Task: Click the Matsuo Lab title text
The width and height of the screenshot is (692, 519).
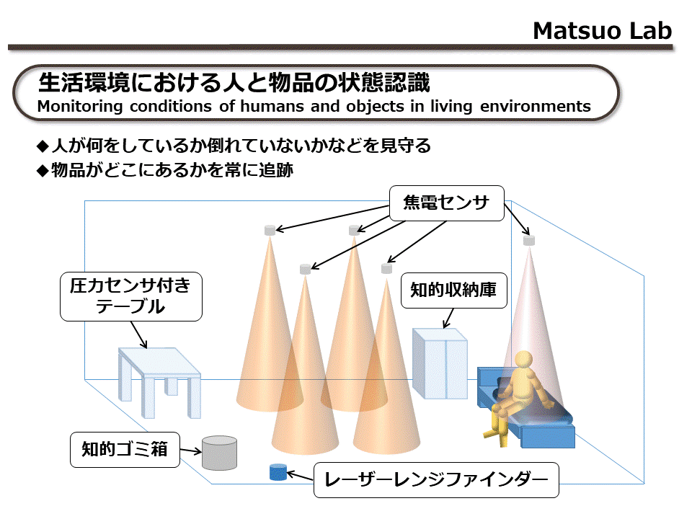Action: (602, 31)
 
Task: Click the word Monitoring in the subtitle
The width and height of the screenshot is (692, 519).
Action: (80, 107)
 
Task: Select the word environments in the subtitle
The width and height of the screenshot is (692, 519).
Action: (536, 107)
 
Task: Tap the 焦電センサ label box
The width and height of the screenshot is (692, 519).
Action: (447, 203)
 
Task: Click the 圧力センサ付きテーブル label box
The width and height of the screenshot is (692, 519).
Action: (131, 296)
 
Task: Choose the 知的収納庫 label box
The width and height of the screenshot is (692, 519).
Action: (453, 290)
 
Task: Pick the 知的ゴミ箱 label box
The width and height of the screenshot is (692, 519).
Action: (125, 450)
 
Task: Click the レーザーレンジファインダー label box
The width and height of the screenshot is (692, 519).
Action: (436, 480)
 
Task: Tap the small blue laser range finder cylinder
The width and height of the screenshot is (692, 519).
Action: (278, 471)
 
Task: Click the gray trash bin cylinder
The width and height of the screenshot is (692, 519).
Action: (219, 453)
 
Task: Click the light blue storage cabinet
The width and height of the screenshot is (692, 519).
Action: (440, 363)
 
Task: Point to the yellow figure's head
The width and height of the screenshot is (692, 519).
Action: (523, 360)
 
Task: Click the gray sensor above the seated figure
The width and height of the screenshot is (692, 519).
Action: (528, 241)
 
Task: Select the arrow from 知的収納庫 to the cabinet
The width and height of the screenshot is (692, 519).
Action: (448, 318)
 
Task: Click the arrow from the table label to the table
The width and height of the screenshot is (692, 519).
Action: (138, 334)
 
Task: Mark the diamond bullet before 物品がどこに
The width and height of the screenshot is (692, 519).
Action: (43, 171)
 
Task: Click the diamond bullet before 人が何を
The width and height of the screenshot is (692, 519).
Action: (43, 146)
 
